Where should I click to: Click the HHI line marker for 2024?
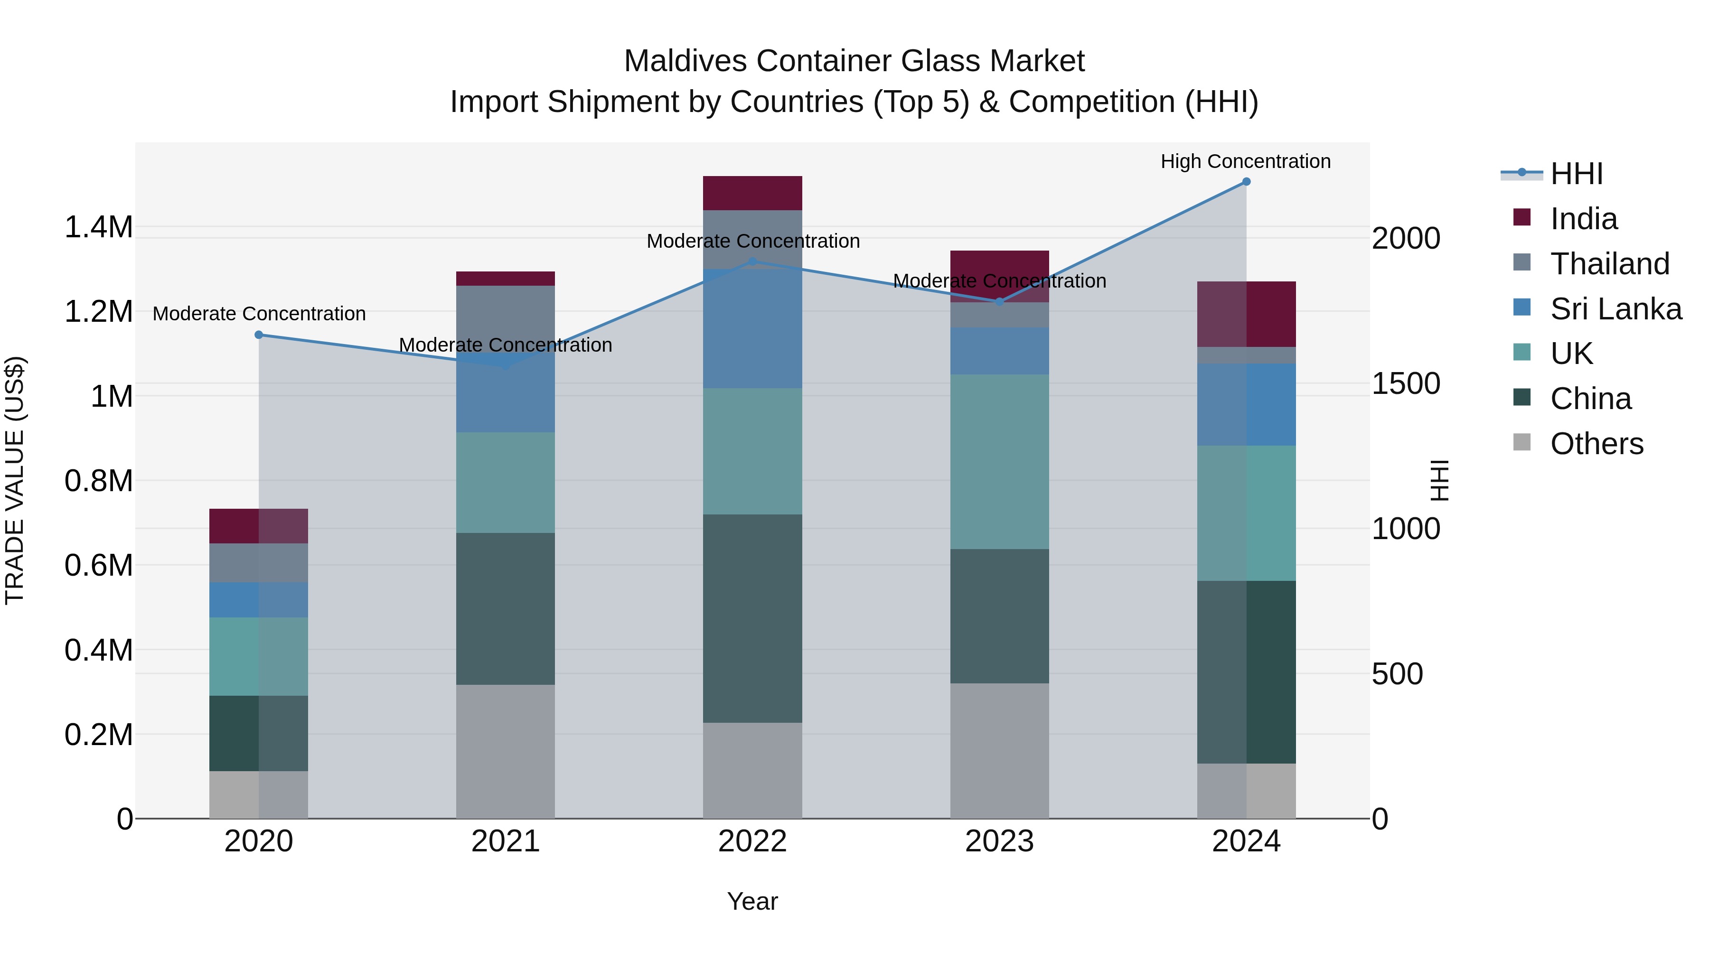[x=1246, y=182]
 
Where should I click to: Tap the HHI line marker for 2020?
[x=259, y=335]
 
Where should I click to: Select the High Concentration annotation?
[x=1245, y=162]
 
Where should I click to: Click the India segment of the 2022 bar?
[x=752, y=193]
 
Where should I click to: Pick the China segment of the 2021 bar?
[x=506, y=608]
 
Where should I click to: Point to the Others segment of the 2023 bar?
[x=999, y=750]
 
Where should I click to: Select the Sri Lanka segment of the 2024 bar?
[x=1246, y=404]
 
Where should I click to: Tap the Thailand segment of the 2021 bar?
[x=506, y=318]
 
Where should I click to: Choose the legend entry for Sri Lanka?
[x=1615, y=309]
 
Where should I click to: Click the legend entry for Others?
[x=1596, y=444]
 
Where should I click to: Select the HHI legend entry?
[x=1576, y=174]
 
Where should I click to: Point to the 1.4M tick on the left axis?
[x=98, y=227]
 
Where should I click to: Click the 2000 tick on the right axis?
[x=1406, y=239]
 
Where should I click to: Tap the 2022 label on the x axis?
[x=752, y=841]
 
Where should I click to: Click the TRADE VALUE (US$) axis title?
[x=15, y=480]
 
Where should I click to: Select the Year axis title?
[x=752, y=901]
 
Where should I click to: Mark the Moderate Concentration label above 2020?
[x=259, y=314]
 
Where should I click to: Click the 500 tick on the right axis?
[x=1397, y=674]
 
